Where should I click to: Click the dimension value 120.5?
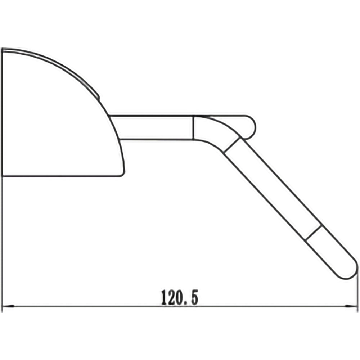pyautogui.click(x=179, y=298)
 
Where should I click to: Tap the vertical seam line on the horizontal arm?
pyautogui.click(x=194, y=127)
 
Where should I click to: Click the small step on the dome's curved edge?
pyautogui.click(x=98, y=95)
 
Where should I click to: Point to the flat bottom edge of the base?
pyautogui.click(x=61, y=176)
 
